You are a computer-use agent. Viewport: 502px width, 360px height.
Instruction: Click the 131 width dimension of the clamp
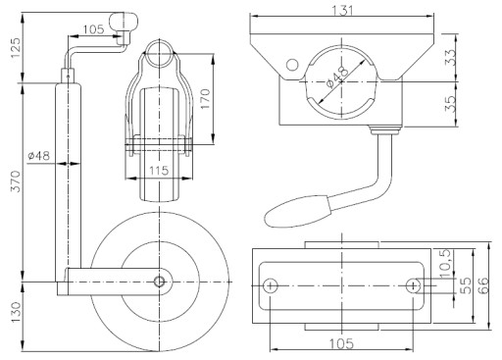[x=343, y=10]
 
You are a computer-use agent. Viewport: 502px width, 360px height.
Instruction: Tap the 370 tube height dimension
[x=16, y=181]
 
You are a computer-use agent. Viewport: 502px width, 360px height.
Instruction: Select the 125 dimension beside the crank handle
[x=16, y=48]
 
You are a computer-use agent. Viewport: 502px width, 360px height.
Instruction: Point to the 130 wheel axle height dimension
[x=16, y=312]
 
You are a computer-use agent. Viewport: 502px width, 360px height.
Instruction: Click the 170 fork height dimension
[x=205, y=99]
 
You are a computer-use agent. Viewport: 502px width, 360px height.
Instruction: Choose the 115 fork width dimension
[x=159, y=171]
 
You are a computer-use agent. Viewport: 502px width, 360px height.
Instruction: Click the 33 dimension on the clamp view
[x=451, y=57]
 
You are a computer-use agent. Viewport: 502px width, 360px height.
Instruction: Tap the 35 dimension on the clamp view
[x=451, y=103]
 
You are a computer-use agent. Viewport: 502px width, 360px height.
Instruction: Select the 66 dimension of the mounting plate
[x=482, y=284]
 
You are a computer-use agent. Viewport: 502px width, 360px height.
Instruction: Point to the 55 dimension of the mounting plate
[x=467, y=285]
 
